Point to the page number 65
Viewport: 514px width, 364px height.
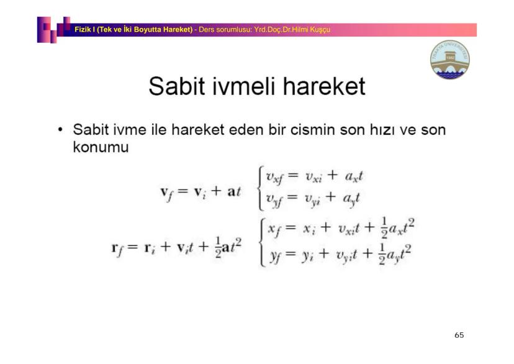(x=459, y=335)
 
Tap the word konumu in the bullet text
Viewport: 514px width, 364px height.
(x=101, y=148)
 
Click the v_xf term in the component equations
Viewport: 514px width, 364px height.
(x=276, y=178)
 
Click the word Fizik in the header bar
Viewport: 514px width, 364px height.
(x=83, y=30)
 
